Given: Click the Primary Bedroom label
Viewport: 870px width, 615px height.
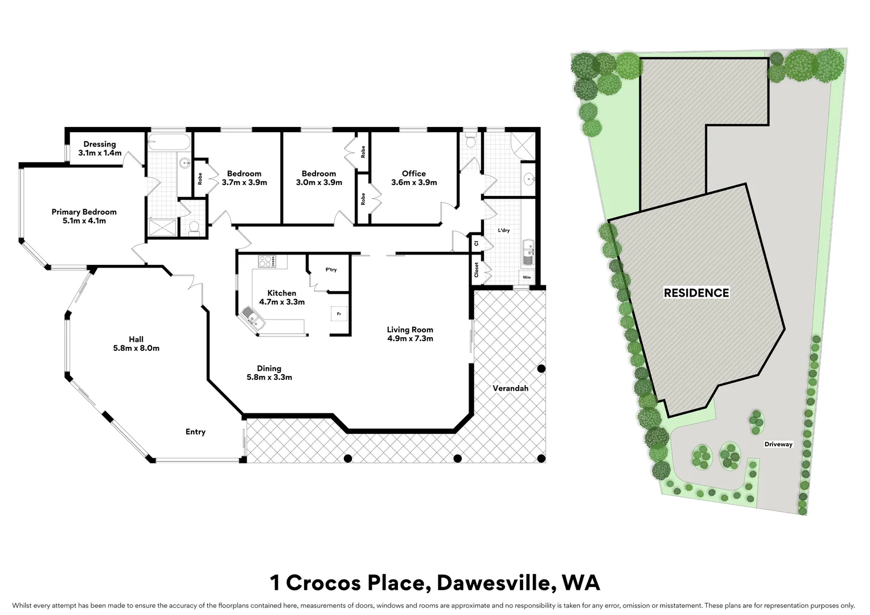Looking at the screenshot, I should coord(84,212).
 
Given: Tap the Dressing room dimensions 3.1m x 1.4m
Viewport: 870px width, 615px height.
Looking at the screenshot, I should coord(100,153).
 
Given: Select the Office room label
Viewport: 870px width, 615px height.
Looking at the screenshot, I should coord(413,174).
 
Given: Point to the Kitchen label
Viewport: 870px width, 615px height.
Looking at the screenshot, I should coord(281,293).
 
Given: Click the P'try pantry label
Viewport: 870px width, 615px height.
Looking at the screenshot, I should coord(331,270).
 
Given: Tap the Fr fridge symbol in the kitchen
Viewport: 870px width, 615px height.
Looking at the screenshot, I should coord(338,314).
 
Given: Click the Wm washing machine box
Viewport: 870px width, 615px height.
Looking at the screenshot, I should coord(526,277).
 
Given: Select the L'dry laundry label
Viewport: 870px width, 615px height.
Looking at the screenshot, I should coord(503,231).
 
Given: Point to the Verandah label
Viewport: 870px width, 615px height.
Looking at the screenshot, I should coord(510,388).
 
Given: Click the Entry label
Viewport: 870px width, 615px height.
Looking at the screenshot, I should coord(195,432).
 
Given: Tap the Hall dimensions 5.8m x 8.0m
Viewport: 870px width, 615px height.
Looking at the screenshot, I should coord(136,348).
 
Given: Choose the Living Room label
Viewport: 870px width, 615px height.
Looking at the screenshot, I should coord(410,330).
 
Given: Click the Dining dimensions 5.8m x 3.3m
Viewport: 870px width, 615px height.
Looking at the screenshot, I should coord(269,377).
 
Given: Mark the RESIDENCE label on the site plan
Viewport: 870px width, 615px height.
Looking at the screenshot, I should coord(696,293).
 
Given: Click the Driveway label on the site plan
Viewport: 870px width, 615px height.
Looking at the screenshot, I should coord(778,444).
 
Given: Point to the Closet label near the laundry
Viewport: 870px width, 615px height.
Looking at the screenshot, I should coord(476,270).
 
